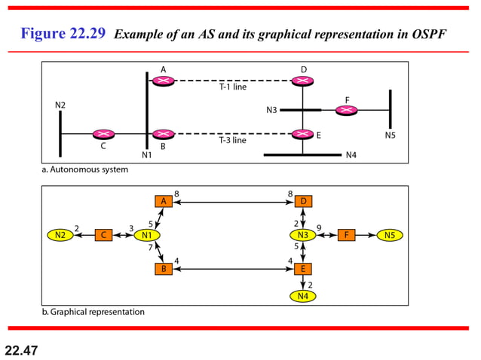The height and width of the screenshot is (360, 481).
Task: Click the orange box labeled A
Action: [x=163, y=201]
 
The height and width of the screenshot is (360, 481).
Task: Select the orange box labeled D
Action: [x=303, y=201]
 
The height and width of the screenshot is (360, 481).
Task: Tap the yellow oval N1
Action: [x=149, y=235]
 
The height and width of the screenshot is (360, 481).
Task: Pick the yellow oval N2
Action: [x=60, y=235]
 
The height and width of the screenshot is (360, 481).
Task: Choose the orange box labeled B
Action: [x=163, y=269]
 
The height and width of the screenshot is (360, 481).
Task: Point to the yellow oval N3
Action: [x=303, y=235]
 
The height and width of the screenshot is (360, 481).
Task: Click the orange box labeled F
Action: [x=346, y=235]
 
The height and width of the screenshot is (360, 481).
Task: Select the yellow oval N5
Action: [x=389, y=235]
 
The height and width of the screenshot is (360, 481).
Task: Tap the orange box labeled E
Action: [x=303, y=269]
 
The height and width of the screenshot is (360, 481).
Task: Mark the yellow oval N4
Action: [x=303, y=296]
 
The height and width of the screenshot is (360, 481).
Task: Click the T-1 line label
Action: [x=232, y=87]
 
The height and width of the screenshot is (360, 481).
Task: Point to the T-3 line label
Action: [x=232, y=140]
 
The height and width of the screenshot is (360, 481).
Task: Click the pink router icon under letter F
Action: [x=346, y=110]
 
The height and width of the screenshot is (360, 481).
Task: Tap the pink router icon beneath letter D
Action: [x=303, y=81]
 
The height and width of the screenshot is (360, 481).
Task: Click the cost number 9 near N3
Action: [x=319, y=227]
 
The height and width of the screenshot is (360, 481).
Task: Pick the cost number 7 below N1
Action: [x=150, y=247]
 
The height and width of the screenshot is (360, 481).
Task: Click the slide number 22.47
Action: [x=21, y=349]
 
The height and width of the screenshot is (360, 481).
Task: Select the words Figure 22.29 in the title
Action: [x=63, y=34]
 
